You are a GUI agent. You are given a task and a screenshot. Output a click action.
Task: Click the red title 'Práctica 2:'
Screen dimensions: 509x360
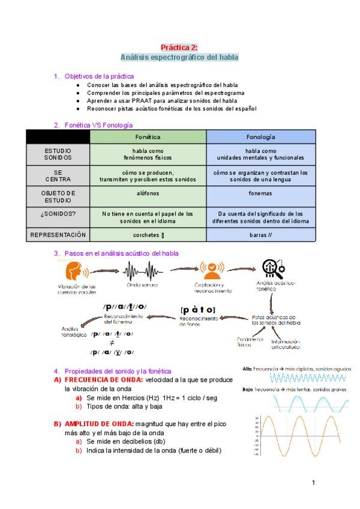(x=179, y=47)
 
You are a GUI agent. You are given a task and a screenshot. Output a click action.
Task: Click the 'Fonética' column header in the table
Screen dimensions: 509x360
(x=148, y=137)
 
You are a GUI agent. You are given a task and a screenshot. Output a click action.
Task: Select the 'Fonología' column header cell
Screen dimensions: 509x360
(x=260, y=137)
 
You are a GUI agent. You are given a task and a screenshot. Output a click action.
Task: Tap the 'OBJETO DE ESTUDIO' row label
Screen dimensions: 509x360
(x=58, y=196)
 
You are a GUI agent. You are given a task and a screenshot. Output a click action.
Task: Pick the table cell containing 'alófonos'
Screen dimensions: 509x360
(x=148, y=193)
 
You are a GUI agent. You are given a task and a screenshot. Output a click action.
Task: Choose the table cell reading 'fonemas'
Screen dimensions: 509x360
(x=260, y=193)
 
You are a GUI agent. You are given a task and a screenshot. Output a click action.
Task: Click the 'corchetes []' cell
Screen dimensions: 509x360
(x=148, y=235)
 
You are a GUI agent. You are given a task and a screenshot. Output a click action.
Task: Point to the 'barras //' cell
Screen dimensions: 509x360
(x=260, y=235)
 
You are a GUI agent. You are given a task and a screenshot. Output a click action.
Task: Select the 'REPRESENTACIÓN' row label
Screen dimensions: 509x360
(x=58, y=235)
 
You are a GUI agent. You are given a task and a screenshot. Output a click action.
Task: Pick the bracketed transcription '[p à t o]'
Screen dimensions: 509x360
(x=197, y=310)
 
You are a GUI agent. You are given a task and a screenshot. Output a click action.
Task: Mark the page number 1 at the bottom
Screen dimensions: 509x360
(x=313, y=483)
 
